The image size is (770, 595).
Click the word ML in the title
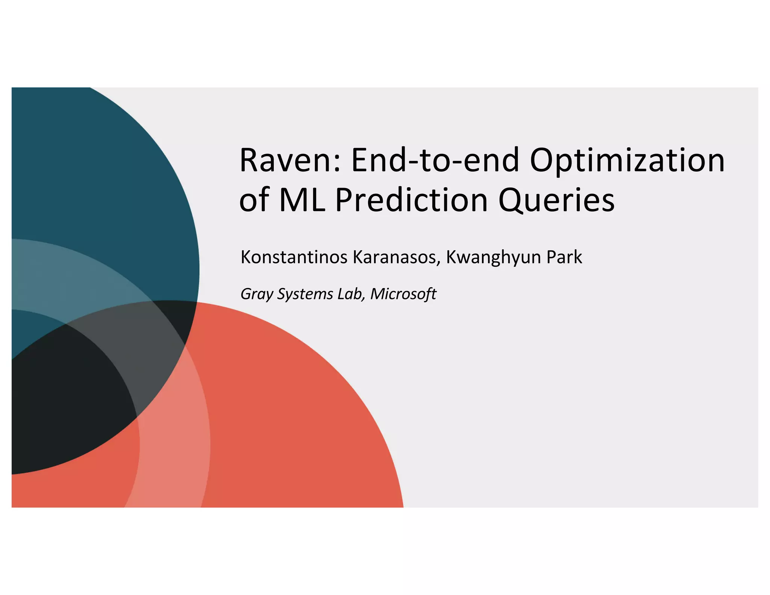pyautogui.click(x=302, y=200)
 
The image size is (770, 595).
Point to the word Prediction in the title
pyautogui.click(x=411, y=200)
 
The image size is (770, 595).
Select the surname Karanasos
pyautogui.click(x=394, y=258)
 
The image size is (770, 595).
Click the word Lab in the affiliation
pyautogui.click(x=350, y=294)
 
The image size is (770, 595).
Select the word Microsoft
pyautogui.click(x=403, y=294)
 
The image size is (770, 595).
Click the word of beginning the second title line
pyautogui.click(x=254, y=200)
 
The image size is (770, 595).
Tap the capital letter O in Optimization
pyautogui.click(x=544, y=161)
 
